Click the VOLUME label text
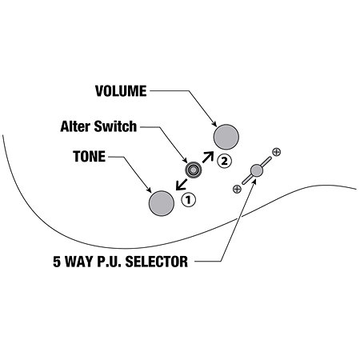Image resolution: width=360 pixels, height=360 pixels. click(x=121, y=91)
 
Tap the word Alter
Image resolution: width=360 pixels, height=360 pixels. click(x=76, y=126)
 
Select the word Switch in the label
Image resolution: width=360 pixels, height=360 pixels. click(x=115, y=126)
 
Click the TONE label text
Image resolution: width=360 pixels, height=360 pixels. click(x=90, y=157)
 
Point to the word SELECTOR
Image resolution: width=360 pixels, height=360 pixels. click(x=157, y=262)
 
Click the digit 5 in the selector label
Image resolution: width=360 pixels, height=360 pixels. click(x=57, y=262)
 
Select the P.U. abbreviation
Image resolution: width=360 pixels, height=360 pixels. click(x=109, y=262)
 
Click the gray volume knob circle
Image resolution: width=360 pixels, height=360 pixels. click(x=226, y=137)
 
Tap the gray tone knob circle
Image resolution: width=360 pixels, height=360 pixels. click(x=162, y=203)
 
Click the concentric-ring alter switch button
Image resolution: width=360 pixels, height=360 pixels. click(x=193, y=170)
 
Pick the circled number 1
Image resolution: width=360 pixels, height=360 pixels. click(x=188, y=199)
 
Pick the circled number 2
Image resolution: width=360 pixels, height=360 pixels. click(x=224, y=161)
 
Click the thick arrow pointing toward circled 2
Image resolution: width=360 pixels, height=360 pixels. click(x=208, y=157)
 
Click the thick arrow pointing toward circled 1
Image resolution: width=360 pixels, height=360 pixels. click(x=182, y=185)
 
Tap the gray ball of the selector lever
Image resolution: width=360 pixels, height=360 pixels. click(x=257, y=170)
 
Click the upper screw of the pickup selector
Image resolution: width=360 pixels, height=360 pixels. click(x=277, y=152)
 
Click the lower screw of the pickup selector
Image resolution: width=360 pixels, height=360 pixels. click(x=237, y=189)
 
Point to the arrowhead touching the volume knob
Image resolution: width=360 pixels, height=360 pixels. click(x=214, y=123)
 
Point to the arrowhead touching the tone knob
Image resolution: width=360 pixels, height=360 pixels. click(x=149, y=190)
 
